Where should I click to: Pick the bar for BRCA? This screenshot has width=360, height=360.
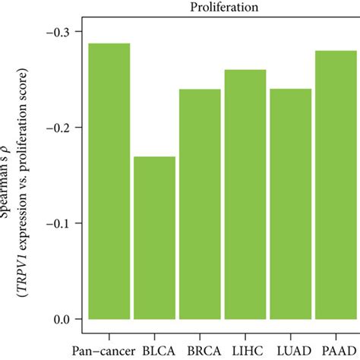[199, 204]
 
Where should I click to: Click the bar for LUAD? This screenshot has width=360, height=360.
[290, 204]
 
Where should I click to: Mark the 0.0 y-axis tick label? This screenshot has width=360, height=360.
[65, 319]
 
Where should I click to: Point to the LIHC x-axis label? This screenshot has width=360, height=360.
[245, 351]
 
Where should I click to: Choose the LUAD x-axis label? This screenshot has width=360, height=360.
[289, 351]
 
